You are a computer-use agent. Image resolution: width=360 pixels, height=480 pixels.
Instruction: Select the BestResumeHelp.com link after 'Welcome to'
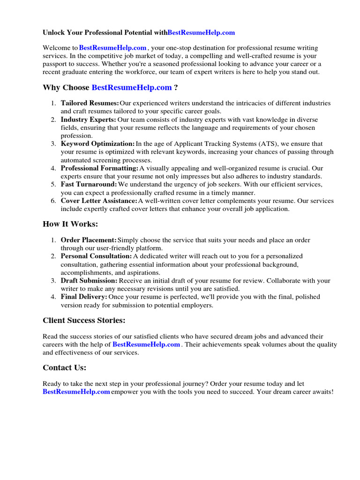click(113, 48)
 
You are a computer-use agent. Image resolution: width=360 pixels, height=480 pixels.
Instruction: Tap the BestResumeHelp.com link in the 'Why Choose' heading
click(132, 88)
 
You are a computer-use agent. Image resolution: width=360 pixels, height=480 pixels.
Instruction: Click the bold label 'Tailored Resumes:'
click(90, 103)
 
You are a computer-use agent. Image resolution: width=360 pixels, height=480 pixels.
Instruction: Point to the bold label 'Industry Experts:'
click(88, 120)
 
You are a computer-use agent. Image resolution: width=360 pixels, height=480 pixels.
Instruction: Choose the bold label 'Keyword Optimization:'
click(97, 144)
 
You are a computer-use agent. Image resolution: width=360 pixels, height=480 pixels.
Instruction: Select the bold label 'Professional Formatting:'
click(99, 168)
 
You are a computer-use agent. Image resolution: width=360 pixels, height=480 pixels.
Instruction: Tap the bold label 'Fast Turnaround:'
click(89, 185)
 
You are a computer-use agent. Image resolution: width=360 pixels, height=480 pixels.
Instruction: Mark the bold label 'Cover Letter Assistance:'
click(99, 201)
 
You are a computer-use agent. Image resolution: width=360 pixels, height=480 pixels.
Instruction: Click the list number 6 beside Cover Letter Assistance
click(53, 201)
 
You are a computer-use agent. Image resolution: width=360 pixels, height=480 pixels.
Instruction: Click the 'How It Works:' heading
click(70, 225)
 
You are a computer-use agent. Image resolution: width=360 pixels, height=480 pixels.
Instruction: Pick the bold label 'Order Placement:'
click(89, 240)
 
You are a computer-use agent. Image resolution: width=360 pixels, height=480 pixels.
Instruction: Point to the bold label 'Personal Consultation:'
click(96, 256)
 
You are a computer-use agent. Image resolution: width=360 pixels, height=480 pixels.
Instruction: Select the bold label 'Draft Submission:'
click(89, 281)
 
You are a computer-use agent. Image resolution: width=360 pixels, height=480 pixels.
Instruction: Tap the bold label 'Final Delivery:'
click(84, 297)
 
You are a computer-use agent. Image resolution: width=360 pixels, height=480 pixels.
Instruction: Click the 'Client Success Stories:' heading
click(84, 321)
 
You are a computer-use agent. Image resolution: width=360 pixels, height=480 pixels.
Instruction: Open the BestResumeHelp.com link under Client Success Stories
click(146, 345)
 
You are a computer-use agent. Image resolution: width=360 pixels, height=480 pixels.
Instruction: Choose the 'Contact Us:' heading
click(64, 368)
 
